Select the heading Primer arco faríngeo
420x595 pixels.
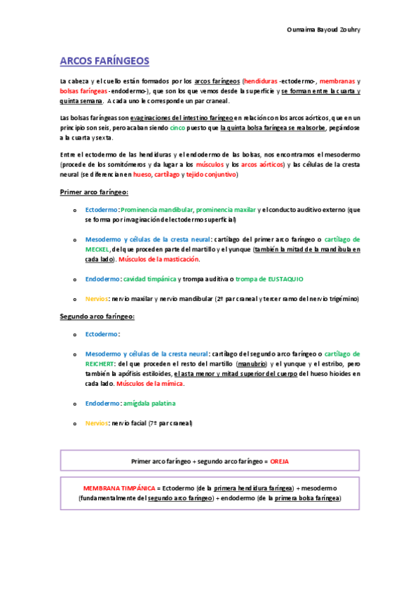[93, 192]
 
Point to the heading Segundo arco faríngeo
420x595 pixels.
[97, 316]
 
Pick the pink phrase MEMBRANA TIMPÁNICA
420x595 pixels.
[118, 488]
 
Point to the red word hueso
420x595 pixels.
[142, 175]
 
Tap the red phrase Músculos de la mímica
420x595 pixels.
[150, 384]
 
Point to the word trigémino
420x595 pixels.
[342, 298]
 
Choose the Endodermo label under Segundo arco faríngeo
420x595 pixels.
[102, 403]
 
